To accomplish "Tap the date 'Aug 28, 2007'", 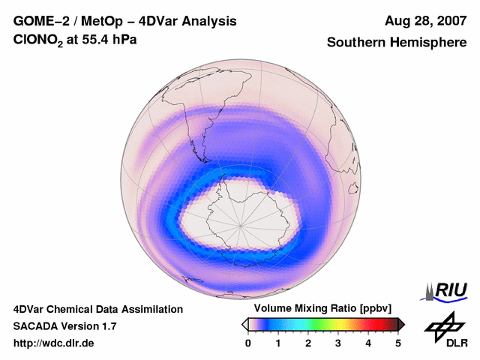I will (x=426, y=21).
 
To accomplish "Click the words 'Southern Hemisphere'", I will (x=396, y=43).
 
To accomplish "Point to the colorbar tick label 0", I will (x=248, y=343).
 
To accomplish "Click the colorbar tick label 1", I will (x=278, y=343).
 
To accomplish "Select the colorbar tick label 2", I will (x=308, y=343).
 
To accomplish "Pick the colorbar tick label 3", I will (x=338, y=343).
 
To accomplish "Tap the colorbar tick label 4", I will (x=368, y=343).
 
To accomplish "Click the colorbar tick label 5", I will (x=398, y=343).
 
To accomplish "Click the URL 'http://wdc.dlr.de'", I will (x=54, y=343).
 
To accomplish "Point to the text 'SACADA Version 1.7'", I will (x=64, y=326).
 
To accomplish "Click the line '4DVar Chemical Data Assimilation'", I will (x=97, y=309).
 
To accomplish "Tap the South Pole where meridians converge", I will (x=241, y=224).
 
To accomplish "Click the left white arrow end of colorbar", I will (x=244, y=324).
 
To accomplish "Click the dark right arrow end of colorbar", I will (x=402, y=324).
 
